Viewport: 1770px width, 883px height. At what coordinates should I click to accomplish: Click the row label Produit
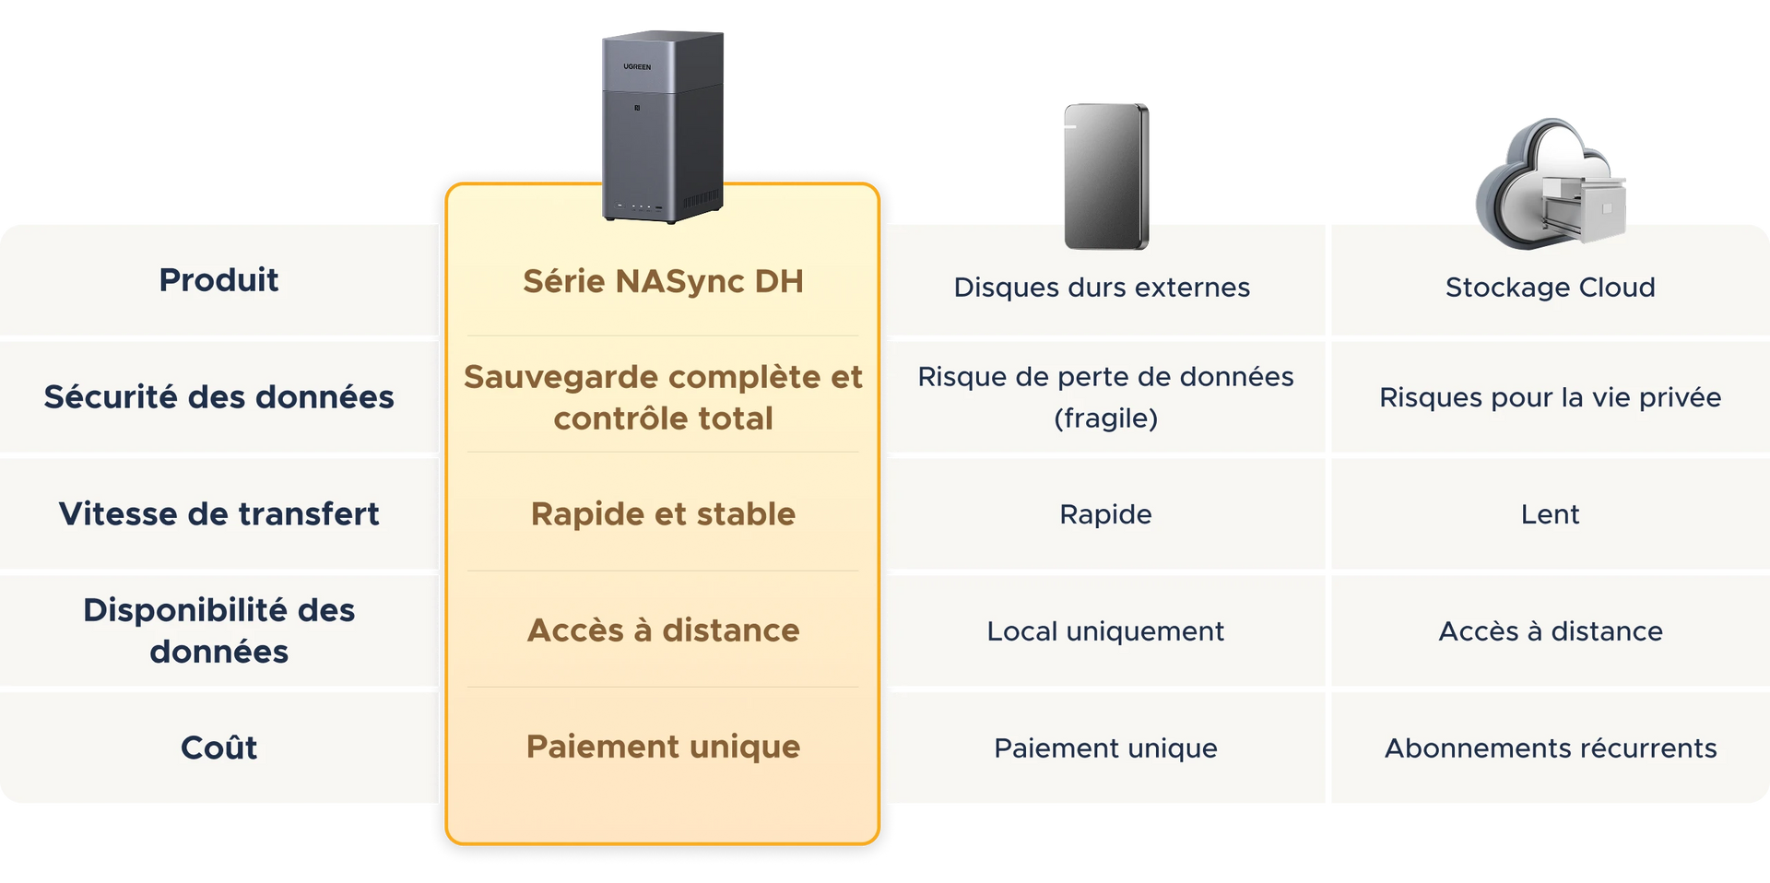(x=218, y=279)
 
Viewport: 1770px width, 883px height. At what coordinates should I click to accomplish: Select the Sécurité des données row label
(x=218, y=396)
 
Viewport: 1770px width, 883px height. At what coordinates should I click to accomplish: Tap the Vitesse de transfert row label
(x=218, y=513)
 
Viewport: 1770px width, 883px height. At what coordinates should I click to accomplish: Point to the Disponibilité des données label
(x=218, y=630)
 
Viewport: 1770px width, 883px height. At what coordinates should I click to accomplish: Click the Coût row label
(x=218, y=747)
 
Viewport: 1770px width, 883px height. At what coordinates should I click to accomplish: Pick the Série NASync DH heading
(x=663, y=281)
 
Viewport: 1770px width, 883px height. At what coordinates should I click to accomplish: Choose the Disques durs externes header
(x=1102, y=288)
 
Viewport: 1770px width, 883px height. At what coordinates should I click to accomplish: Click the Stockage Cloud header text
(x=1550, y=288)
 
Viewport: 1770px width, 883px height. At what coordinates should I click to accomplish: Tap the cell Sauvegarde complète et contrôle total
(x=663, y=397)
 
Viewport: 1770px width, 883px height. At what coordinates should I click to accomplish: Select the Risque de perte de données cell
(x=1105, y=397)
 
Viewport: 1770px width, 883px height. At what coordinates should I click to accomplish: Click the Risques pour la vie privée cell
(x=1550, y=397)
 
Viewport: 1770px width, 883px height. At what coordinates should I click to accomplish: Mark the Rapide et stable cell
(x=663, y=513)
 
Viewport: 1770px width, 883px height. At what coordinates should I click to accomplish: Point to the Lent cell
(x=1550, y=514)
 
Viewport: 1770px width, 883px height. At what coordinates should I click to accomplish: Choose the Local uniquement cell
(x=1105, y=631)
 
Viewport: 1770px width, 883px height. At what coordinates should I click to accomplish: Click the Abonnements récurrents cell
(x=1550, y=748)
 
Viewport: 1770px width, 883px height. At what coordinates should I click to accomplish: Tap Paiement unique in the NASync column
(x=663, y=747)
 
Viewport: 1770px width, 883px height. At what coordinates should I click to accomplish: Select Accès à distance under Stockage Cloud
(x=1550, y=631)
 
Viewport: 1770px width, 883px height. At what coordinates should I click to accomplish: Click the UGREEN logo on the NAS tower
(x=637, y=67)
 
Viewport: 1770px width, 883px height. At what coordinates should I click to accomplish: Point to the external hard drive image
(x=1106, y=176)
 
